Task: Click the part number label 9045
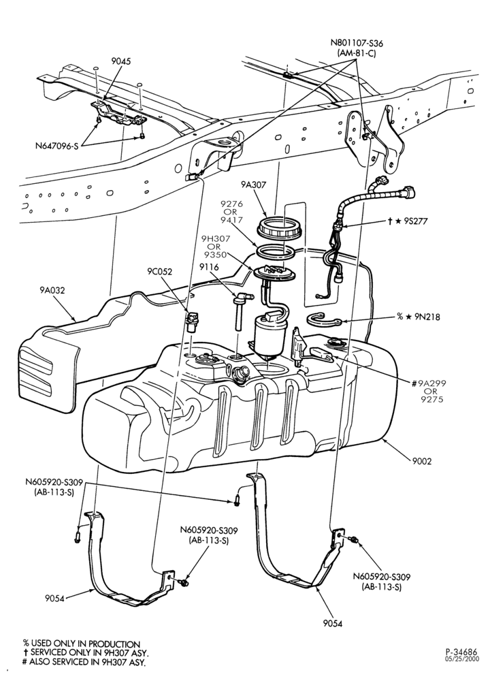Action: coord(120,61)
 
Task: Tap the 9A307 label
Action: coord(254,185)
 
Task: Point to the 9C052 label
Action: coord(159,272)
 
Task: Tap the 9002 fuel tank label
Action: coord(423,461)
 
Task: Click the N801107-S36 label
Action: coord(357,44)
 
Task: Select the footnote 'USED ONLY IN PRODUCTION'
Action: coord(85,644)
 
